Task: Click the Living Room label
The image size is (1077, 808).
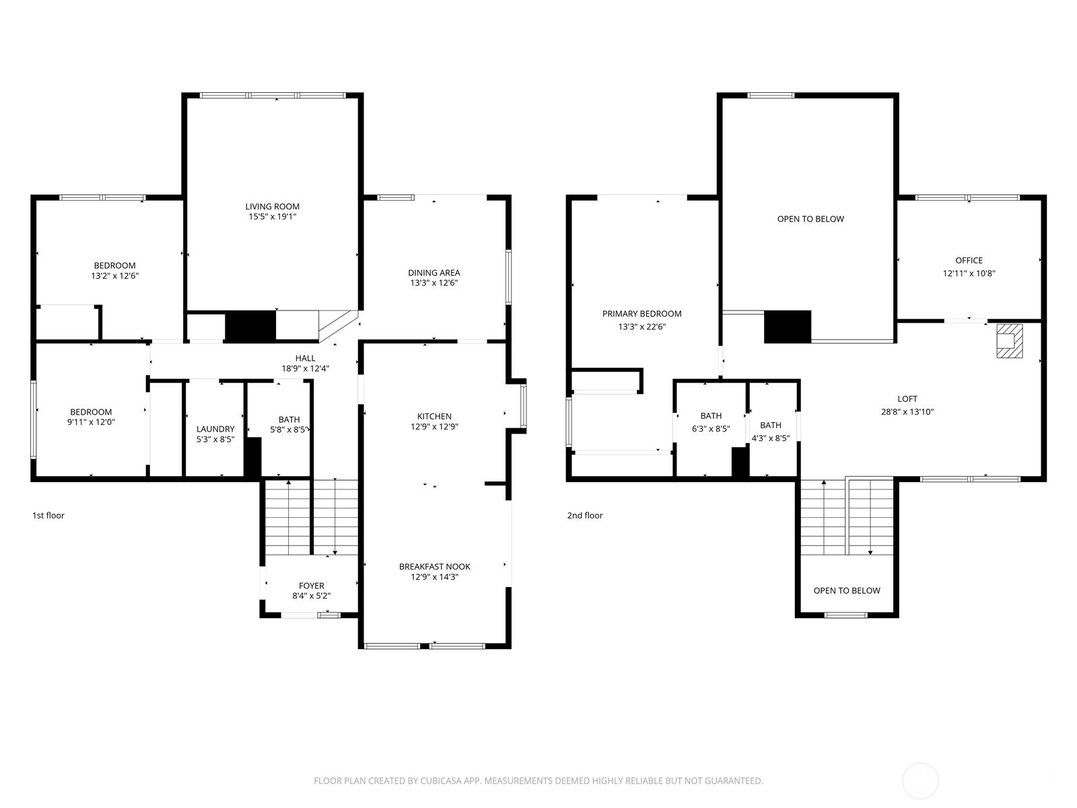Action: pyautogui.click(x=272, y=206)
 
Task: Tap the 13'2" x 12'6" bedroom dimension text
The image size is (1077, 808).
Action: pyautogui.click(x=114, y=276)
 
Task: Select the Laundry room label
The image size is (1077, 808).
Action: pyautogui.click(x=215, y=429)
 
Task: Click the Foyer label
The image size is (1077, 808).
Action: pyautogui.click(x=311, y=586)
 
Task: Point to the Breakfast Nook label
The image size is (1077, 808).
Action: pyautogui.click(x=434, y=566)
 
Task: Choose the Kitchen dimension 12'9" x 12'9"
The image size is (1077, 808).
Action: pyautogui.click(x=434, y=426)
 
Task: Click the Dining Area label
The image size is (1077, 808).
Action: pyautogui.click(x=433, y=273)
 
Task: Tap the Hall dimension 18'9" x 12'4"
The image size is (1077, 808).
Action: pyautogui.click(x=305, y=368)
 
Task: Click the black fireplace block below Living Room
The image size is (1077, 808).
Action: pyautogui.click(x=250, y=326)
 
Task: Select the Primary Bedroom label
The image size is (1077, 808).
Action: pyautogui.click(x=641, y=314)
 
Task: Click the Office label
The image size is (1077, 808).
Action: pyautogui.click(x=969, y=261)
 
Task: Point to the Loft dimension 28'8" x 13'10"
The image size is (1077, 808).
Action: pyautogui.click(x=907, y=411)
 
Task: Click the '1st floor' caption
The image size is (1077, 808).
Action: pyautogui.click(x=48, y=515)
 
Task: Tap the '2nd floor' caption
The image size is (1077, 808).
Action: pyautogui.click(x=584, y=515)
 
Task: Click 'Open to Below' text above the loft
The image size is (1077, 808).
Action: pyautogui.click(x=810, y=219)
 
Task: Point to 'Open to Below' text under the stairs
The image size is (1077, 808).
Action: pyautogui.click(x=846, y=591)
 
